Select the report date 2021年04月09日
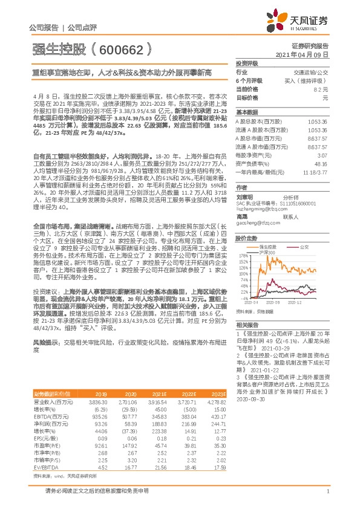click(304, 54)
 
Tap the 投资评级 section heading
click(246, 63)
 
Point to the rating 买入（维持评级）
click(312, 80)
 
